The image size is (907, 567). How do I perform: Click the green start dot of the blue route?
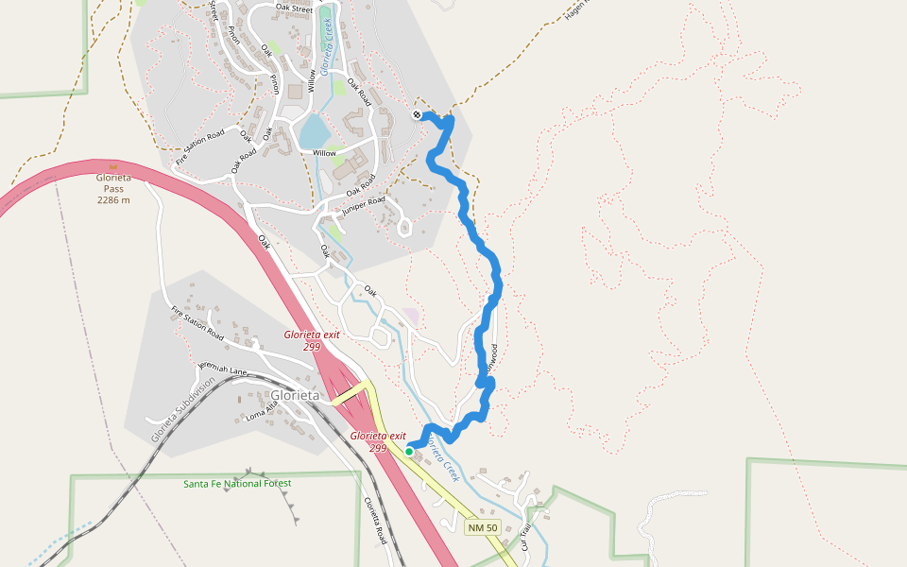tap(409, 452)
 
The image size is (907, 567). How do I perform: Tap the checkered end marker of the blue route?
tap(417, 115)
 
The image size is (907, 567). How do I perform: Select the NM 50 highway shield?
tap(482, 527)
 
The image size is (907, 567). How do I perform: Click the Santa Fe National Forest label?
tap(237, 484)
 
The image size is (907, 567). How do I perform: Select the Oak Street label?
tap(294, 8)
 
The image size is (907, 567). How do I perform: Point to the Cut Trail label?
tap(526, 537)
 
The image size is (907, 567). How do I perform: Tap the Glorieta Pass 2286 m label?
tap(113, 188)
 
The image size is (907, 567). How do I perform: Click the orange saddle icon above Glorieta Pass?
tap(113, 167)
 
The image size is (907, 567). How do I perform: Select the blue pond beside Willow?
tap(313, 131)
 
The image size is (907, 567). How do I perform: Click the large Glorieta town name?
tap(295, 395)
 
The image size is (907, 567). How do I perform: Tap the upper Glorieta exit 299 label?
tap(312, 340)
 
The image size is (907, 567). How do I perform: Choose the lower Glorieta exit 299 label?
tap(377, 441)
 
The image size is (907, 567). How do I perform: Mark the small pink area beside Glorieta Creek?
tap(410, 317)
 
